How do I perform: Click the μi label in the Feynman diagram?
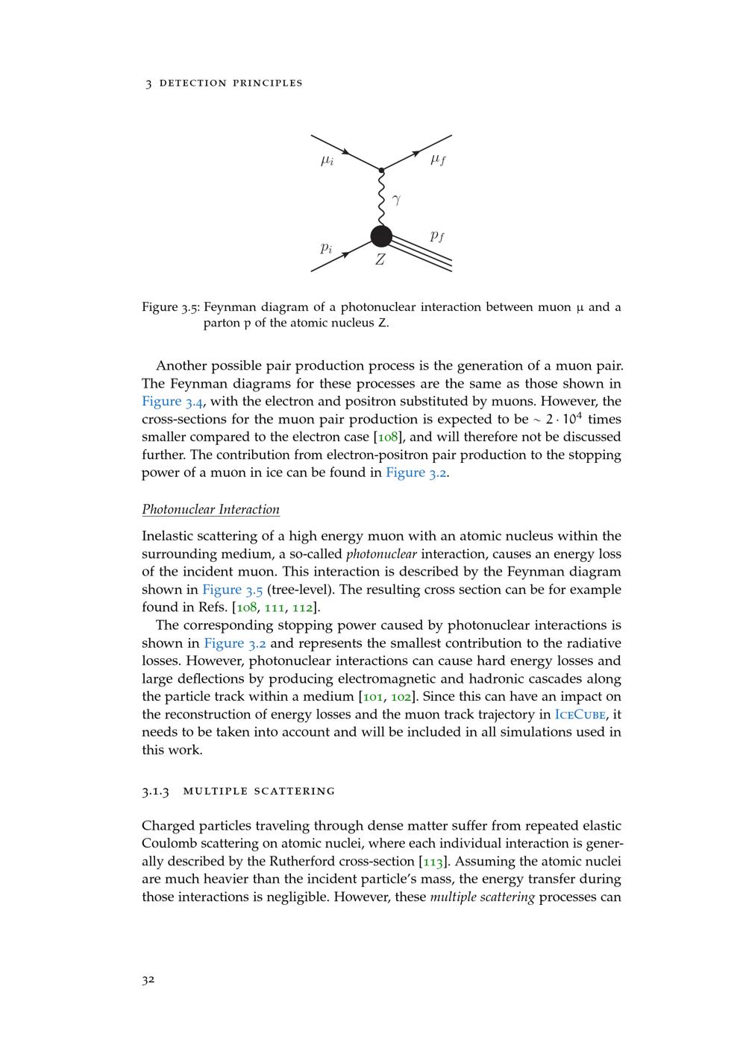coord(327,160)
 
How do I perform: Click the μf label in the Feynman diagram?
coord(438,160)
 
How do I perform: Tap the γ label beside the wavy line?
coord(396,199)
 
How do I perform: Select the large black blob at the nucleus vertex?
coord(381,237)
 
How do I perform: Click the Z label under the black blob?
coord(380,260)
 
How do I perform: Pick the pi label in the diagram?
coord(326,247)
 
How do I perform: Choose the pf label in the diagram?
coord(437,236)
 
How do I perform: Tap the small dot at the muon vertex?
coord(381,171)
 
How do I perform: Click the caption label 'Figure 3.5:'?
coord(170,307)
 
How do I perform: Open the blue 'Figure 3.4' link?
coord(172,402)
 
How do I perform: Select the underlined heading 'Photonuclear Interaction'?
coord(210,510)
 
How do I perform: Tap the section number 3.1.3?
coord(156,791)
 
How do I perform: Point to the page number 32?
coord(148,980)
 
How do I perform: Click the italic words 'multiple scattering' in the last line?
coord(482,897)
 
